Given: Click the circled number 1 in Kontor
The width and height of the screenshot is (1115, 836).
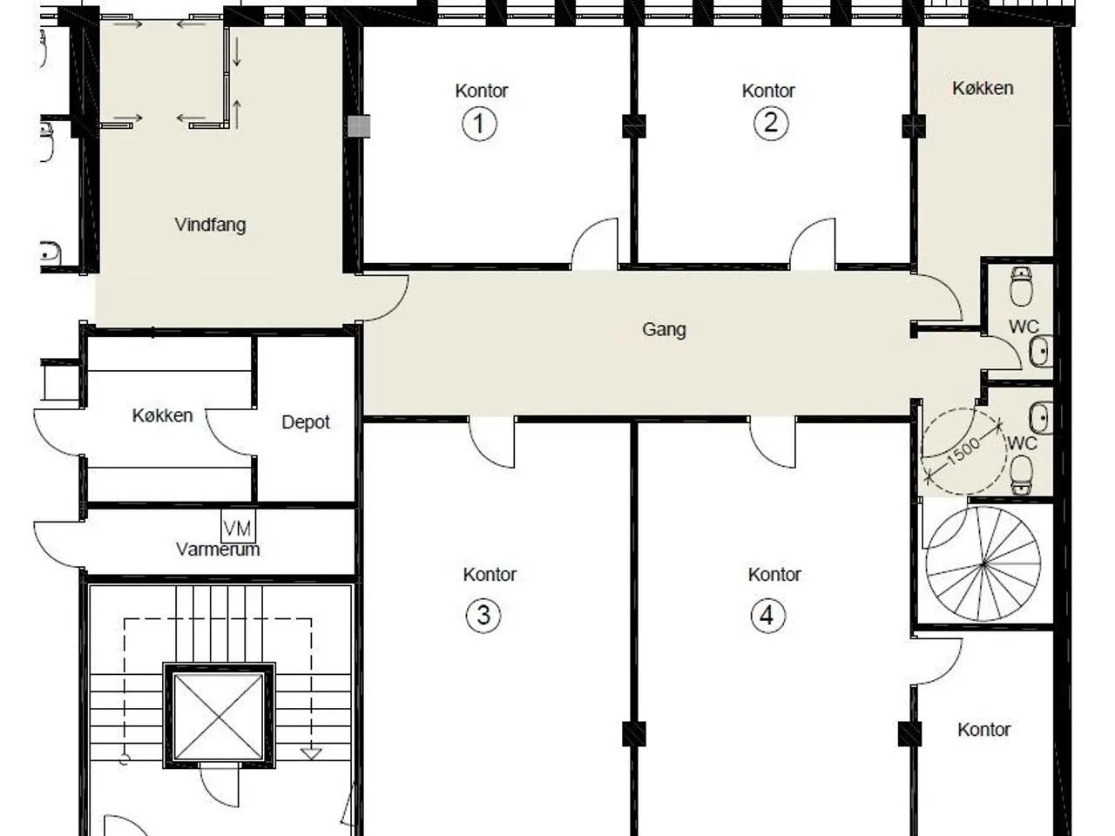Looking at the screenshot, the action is tap(479, 124).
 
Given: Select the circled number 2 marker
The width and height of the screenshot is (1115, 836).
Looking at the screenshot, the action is tap(771, 124).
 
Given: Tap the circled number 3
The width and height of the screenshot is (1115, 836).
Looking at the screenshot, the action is tap(483, 617).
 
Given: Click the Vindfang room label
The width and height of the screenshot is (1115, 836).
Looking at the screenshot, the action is tap(210, 225).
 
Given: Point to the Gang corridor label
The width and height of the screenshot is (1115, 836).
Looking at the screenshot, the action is tap(664, 330).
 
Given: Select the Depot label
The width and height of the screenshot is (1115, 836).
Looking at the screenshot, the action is tap(305, 422).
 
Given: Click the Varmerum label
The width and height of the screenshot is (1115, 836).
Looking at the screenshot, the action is tap(218, 549).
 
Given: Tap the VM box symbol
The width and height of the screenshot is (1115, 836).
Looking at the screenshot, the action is tap(238, 526).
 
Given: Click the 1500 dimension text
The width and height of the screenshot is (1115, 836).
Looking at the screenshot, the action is tap(963, 451).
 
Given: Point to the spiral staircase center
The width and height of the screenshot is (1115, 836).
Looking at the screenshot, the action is tap(983, 564).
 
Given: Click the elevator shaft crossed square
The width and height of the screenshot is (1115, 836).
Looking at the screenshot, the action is tap(219, 716).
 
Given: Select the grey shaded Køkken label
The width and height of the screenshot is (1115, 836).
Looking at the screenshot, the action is tap(983, 88).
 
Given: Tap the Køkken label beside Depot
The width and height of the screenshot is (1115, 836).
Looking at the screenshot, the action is tap(163, 415).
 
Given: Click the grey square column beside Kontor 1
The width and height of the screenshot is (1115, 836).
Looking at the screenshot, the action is tap(359, 126).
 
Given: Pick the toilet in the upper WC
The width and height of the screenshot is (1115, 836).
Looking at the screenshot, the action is tap(1021, 287).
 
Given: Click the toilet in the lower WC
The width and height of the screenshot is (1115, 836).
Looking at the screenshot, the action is tap(1021, 475).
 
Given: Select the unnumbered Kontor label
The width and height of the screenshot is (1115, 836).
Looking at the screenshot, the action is tap(984, 730).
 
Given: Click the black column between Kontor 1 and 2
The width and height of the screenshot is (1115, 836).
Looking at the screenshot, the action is tap(634, 126).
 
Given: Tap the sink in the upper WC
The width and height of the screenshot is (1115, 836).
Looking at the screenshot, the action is tap(1041, 351).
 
